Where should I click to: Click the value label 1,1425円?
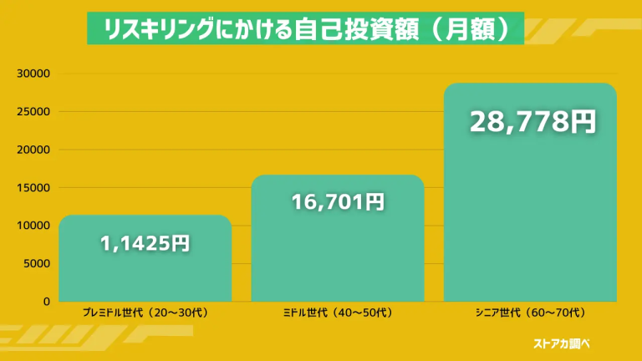145,244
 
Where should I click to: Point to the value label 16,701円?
338,201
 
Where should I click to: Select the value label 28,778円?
532,122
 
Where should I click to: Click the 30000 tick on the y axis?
33,74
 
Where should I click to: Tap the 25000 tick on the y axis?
33,112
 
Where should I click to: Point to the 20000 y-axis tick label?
33,150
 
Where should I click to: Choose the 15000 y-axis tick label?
33,188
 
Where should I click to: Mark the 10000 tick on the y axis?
33,226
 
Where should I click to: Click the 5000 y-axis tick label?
37,264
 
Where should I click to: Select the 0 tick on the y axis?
47,302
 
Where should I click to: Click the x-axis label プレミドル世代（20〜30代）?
145,313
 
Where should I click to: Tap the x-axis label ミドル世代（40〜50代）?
338,313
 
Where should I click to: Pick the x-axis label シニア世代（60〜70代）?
530,313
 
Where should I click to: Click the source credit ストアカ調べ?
566,343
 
